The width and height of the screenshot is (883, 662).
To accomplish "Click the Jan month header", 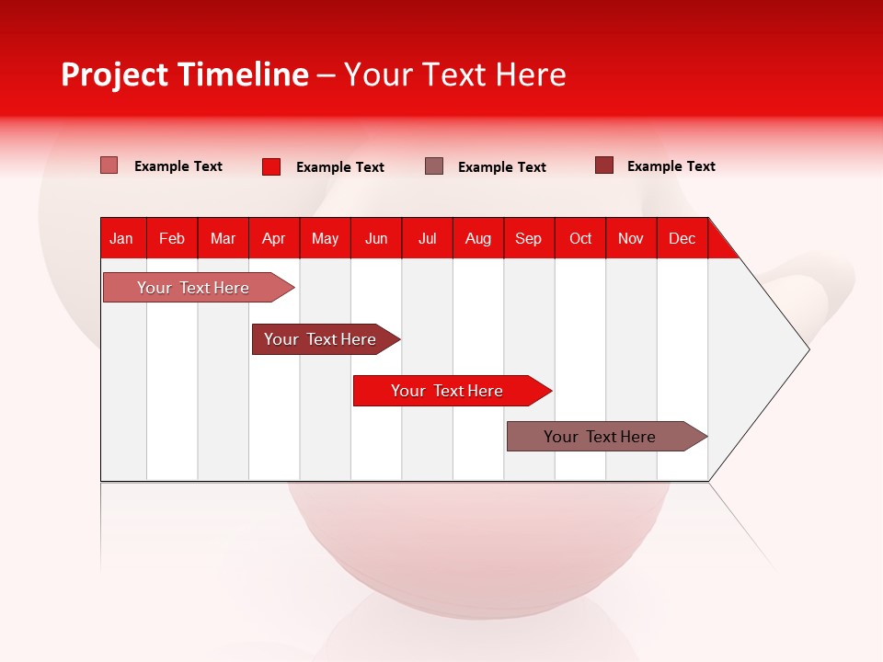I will pyautogui.click(x=121, y=238).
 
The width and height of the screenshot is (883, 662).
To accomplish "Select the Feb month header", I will pyautogui.click(x=172, y=238).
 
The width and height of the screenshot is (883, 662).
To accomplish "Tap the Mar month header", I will pyautogui.click(x=223, y=238).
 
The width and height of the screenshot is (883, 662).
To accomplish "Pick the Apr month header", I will pyautogui.click(x=274, y=238).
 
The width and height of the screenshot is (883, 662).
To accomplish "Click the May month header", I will pyautogui.click(x=325, y=238).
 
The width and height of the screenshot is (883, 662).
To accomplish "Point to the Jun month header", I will pyautogui.click(x=376, y=238).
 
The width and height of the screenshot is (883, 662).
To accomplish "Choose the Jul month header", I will pyautogui.click(x=427, y=238).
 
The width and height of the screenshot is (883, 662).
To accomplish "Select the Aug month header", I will pyautogui.click(x=478, y=238).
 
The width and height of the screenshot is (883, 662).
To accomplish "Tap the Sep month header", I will pyautogui.click(x=529, y=238).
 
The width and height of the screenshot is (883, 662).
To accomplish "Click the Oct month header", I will pyautogui.click(x=580, y=238).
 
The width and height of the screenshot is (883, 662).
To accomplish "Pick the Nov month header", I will pyautogui.click(x=631, y=238).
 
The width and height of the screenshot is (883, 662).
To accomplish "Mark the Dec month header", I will pyautogui.click(x=682, y=238).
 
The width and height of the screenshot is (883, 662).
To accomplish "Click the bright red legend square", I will pyautogui.click(x=271, y=166).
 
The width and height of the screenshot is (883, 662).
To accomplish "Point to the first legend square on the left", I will pyautogui.click(x=109, y=165).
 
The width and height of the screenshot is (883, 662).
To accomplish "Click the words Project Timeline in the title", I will pyautogui.click(x=185, y=74).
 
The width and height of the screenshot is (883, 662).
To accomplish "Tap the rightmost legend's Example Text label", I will pyautogui.click(x=671, y=166).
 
